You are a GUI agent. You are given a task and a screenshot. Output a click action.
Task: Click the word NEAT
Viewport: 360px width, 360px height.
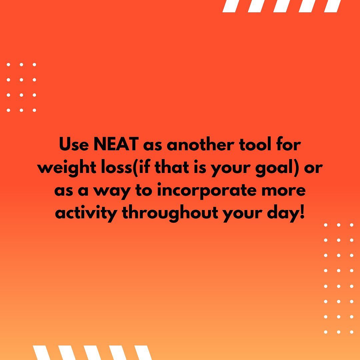click(116, 144)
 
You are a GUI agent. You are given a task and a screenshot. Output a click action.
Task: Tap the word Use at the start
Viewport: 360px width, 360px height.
click(74, 144)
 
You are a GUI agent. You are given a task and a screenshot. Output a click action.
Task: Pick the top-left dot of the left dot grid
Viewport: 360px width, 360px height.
click(8, 65)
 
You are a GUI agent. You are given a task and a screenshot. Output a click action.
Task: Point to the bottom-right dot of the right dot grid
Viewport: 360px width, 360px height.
click(352, 332)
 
